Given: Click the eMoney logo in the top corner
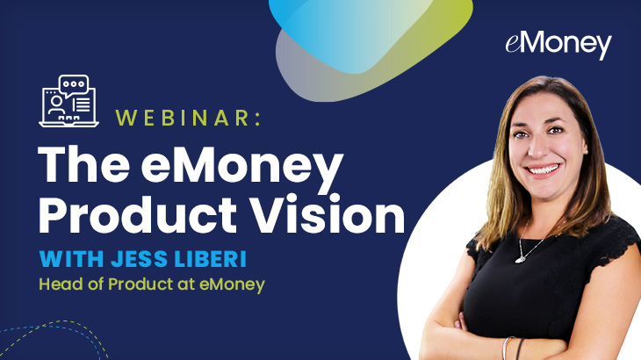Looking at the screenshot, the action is tap(558, 45).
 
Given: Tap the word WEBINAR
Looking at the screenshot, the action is tap(184, 118).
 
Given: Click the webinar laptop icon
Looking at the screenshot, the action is tap(69, 101).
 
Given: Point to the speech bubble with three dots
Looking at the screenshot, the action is tap(74, 85).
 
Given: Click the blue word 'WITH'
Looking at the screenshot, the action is tap(71, 259).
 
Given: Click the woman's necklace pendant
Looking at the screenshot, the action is tap(520, 259).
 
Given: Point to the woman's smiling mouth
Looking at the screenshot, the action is tap(542, 169).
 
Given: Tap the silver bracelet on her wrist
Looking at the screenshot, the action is tap(507, 348).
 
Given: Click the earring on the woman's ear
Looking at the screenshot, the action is tap(587, 152).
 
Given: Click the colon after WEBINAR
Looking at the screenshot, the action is tap(257, 118).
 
